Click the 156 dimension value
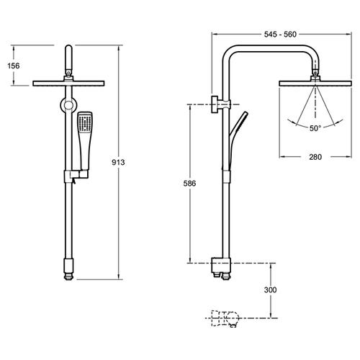pos(14,66)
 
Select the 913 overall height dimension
pos(118,162)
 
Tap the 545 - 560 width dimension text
pos(280,35)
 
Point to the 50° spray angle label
pos(315,128)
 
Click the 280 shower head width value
pos(315,157)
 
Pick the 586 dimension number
pos(189,184)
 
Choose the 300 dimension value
pos(270,290)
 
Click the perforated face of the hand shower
pos(85,124)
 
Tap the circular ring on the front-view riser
pos(68,105)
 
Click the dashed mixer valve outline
pos(225,318)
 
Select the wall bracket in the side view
pos(220,104)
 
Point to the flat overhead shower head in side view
pos(315,84)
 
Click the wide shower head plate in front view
pos(68,84)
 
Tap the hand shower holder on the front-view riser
pos(76,175)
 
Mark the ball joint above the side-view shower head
pos(315,73)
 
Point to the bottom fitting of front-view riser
pos(68,269)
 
